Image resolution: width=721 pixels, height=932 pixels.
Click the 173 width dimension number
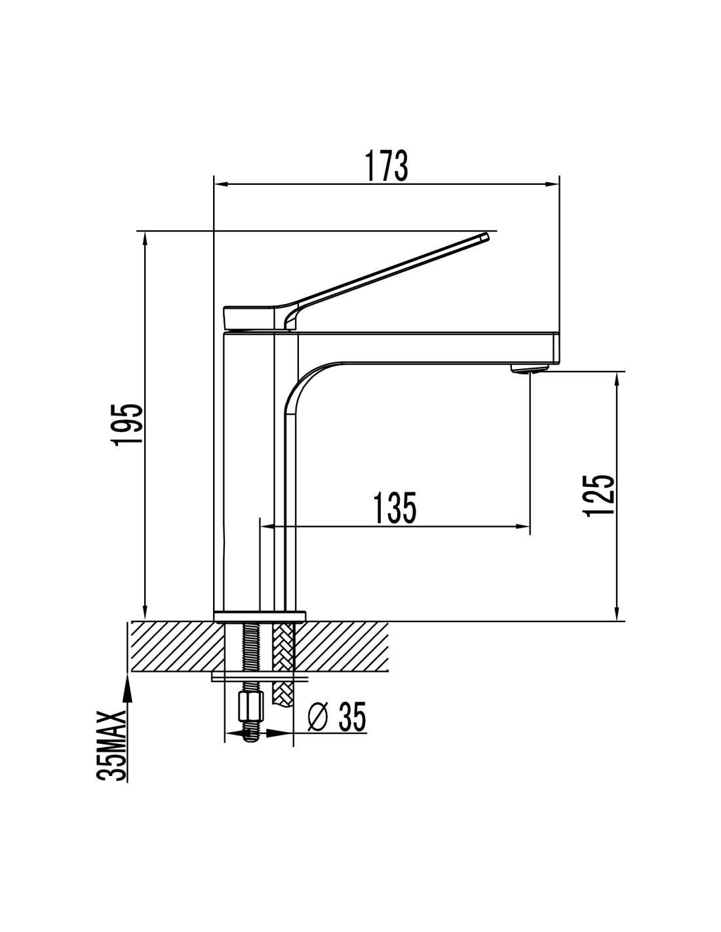385,165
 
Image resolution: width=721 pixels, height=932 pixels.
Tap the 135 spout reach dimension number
395,508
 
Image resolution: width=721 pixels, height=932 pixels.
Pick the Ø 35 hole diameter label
338,716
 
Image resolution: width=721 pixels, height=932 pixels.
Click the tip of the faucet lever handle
486,237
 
